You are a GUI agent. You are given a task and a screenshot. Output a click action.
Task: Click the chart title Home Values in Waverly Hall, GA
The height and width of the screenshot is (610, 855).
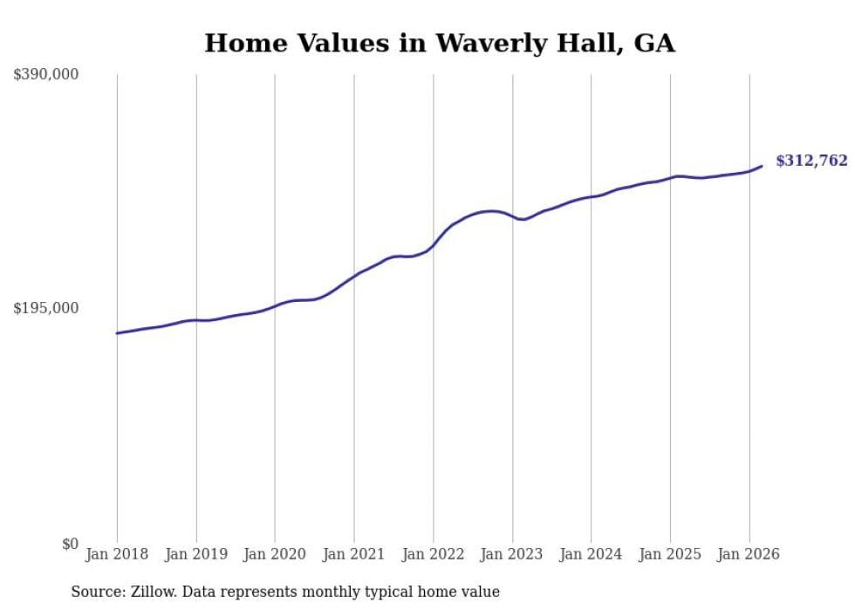tap(439, 43)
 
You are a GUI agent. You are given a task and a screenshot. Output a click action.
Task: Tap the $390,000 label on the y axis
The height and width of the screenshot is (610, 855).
tap(46, 75)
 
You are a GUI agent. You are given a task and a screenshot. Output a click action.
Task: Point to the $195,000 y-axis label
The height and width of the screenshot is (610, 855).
tap(46, 308)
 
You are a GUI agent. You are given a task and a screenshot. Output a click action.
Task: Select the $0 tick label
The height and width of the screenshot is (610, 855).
tap(70, 544)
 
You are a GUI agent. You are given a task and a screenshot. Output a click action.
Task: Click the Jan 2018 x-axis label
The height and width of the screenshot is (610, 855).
tap(117, 554)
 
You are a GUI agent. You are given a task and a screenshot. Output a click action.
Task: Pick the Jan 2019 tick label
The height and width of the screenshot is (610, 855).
tap(196, 554)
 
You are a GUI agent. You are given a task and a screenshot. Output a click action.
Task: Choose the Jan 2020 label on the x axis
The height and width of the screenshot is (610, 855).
tap(275, 554)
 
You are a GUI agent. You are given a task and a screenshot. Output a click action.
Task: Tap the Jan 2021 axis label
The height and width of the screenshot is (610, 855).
tap(354, 554)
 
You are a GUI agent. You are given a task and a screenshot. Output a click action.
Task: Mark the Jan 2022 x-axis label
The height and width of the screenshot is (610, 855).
tap(433, 554)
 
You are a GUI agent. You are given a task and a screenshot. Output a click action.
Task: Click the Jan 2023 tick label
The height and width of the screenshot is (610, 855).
tap(512, 554)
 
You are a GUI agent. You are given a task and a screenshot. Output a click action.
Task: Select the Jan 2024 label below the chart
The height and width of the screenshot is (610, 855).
tap(592, 554)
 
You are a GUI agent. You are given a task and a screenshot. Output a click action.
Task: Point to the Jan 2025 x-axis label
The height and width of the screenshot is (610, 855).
tap(670, 554)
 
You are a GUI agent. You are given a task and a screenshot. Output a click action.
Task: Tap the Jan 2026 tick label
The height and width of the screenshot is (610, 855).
tap(749, 554)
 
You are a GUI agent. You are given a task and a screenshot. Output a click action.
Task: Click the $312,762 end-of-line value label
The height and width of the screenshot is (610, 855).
tap(811, 161)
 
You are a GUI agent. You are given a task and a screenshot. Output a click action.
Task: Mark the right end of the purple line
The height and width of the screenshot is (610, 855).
tap(762, 166)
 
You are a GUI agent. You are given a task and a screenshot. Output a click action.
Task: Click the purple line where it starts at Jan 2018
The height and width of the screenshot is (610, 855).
tap(117, 333)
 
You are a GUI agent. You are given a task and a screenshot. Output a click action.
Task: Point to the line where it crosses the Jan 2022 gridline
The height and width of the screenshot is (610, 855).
tap(433, 246)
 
